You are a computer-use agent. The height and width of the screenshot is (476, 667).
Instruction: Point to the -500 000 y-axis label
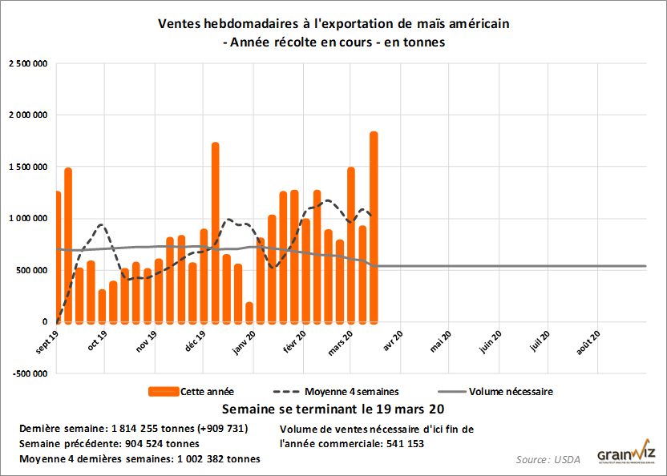pos(28,373)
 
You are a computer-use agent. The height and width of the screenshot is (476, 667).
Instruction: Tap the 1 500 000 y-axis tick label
pos(26,167)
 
